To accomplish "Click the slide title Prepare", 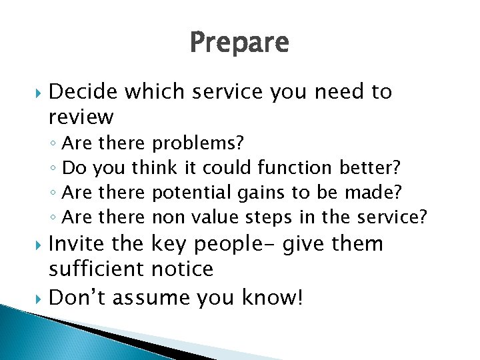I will (239, 43).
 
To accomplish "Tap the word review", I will (81, 118).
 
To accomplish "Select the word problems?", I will (198, 143).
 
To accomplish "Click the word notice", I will (183, 269).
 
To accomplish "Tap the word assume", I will (153, 297).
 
